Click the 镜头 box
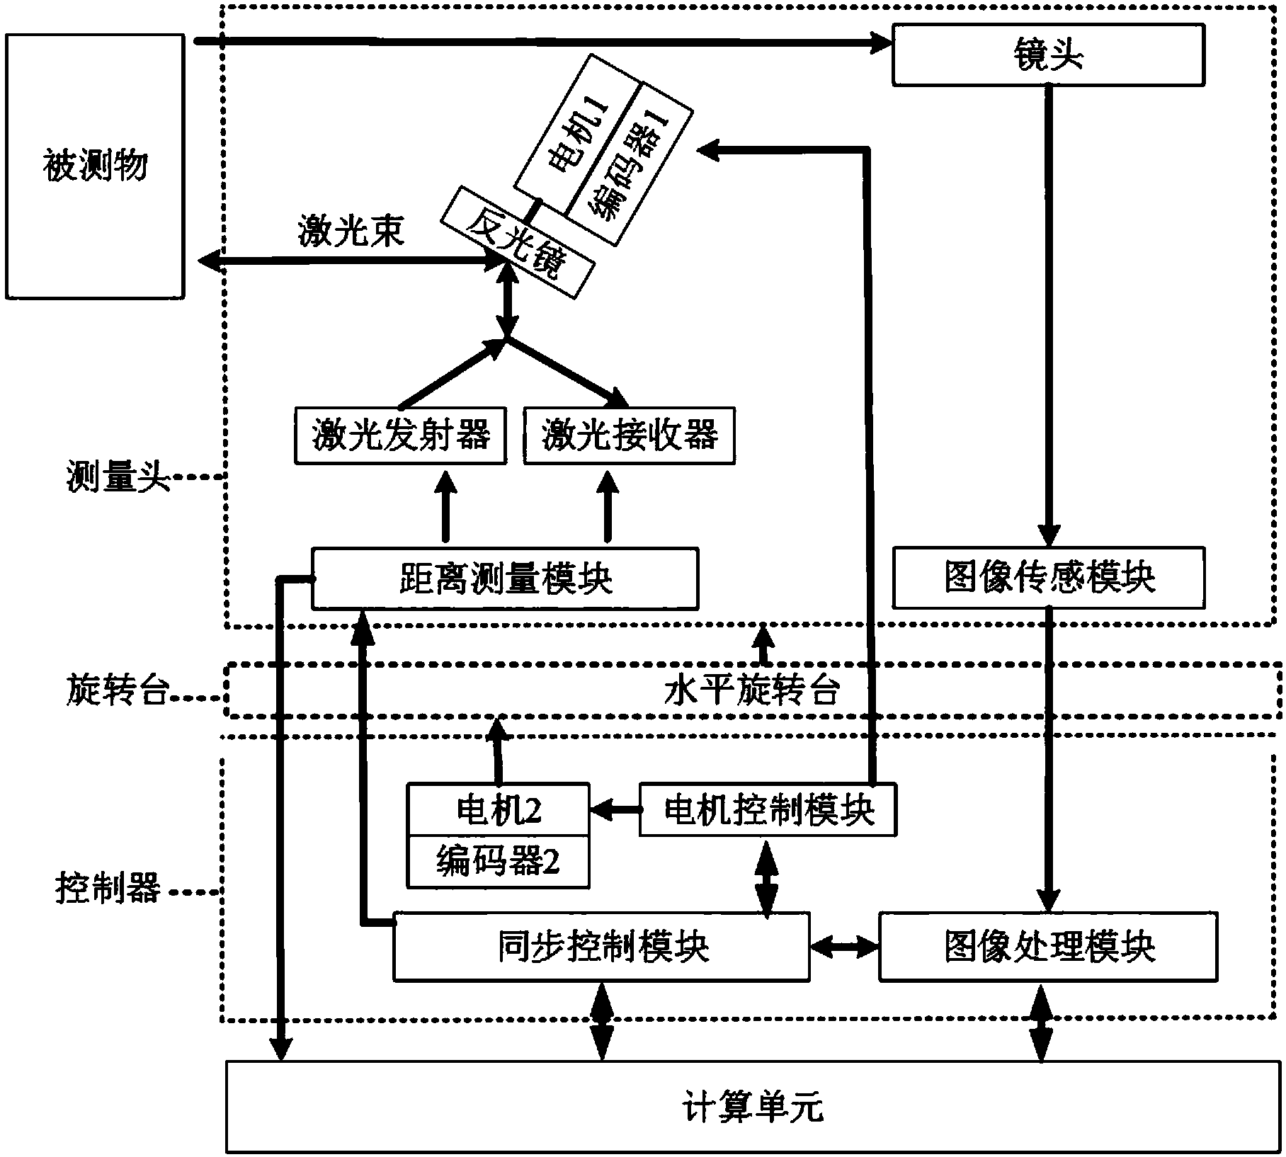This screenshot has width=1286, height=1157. point(1048,55)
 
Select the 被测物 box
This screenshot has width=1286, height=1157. point(95,166)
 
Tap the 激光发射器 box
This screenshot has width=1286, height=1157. point(401,435)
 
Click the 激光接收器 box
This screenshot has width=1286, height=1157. point(629,435)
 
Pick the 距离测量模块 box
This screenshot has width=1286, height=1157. point(505,578)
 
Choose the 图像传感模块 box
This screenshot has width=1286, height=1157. point(1048,577)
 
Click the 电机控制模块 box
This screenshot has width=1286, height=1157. point(768,809)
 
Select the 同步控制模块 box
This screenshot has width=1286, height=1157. point(601,946)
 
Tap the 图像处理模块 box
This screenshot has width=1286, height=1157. point(1048,946)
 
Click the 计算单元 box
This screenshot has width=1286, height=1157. point(753,1107)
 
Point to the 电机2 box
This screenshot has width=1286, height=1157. point(498,809)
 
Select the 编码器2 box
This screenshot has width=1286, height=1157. point(498,862)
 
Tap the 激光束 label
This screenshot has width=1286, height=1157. point(351,231)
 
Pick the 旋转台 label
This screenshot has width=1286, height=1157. point(118,690)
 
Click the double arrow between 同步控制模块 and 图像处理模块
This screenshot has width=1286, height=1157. point(844,946)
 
